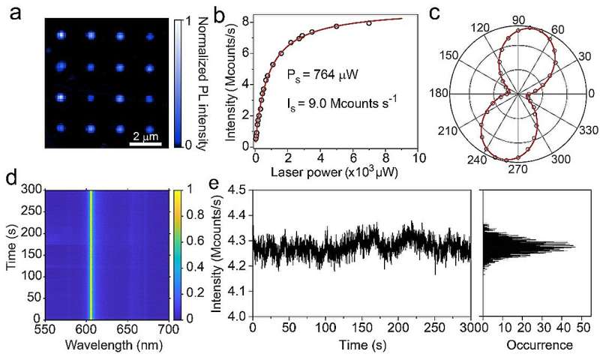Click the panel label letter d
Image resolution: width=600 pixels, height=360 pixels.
pyautogui.click(x=11, y=180)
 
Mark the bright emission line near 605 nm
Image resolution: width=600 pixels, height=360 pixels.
pyautogui.click(x=91, y=255)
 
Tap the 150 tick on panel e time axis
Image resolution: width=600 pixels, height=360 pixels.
pyautogui.click(x=362, y=328)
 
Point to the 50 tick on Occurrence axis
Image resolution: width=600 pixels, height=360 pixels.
pyautogui.click(x=581, y=328)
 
